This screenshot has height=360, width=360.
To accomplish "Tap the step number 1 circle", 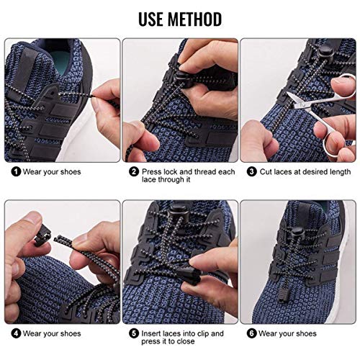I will pos(15,171).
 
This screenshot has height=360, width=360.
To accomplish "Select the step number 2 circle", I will pos(133,171).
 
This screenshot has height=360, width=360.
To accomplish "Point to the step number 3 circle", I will pos(252,171).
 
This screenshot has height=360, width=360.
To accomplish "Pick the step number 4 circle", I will pos(15,333).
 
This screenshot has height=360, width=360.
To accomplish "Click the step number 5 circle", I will pos(133,333).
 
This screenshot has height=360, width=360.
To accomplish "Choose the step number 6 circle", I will pos(252,333).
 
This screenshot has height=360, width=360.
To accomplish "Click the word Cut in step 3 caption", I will pos(267,171).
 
